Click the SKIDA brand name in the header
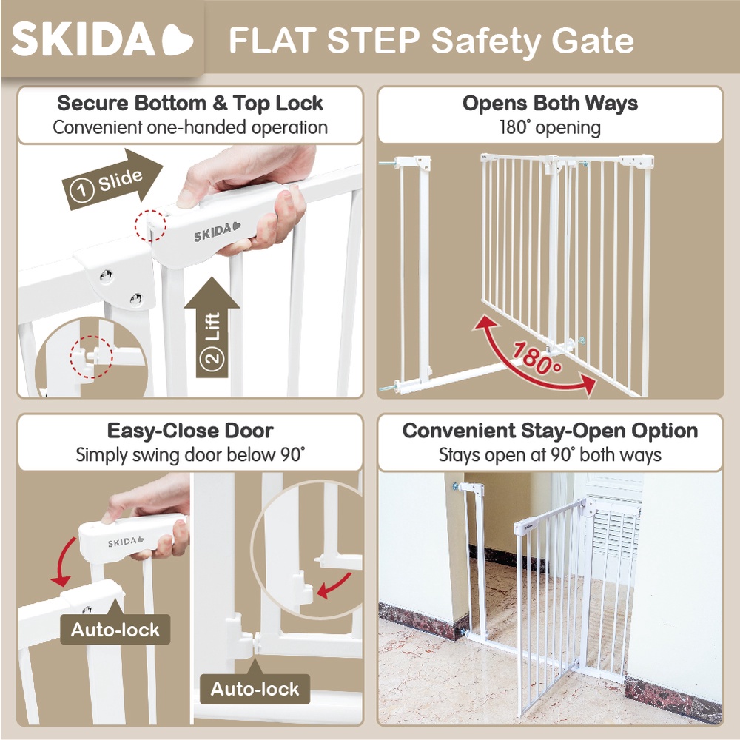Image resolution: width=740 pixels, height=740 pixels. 83,39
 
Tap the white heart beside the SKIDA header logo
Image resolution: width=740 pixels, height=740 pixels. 177,40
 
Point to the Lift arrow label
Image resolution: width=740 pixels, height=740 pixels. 212,327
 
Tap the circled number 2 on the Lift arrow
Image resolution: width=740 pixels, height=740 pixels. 212,358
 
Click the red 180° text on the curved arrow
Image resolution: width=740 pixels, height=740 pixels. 537,357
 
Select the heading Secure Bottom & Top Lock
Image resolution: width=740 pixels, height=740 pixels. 190,103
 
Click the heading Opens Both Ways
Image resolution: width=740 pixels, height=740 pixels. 550,104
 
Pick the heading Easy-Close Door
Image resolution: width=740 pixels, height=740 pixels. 190,431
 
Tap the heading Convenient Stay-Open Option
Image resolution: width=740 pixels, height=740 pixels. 550,431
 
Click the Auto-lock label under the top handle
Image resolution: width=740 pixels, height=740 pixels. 115,630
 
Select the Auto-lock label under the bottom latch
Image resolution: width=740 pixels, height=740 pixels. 255,688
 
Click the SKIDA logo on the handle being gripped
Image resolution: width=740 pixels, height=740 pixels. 217,231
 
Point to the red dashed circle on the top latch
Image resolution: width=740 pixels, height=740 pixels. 150,226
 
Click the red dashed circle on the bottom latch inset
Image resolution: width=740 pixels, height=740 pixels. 92,357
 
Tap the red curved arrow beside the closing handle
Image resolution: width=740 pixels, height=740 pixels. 61,562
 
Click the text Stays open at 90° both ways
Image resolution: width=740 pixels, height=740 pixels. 550,455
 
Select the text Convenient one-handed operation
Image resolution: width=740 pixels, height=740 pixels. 190,127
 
